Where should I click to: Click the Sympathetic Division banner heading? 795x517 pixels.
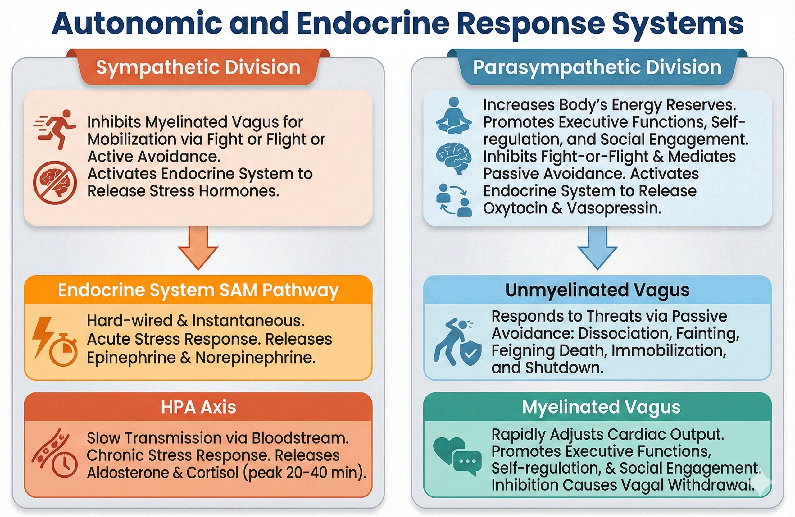click(x=198, y=67)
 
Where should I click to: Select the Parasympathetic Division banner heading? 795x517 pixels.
click(x=597, y=67)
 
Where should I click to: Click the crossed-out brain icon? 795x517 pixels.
click(x=55, y=182)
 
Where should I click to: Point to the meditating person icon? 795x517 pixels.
click(x=454, y=116)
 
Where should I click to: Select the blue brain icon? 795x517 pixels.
click(x=454, y=158)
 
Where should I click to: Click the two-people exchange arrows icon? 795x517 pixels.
click(x=454, y=200)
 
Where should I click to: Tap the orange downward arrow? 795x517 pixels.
click(x=198, y=247)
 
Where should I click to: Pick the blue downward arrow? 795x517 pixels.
click(x=597, y=247)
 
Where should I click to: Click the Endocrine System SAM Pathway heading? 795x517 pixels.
click(x=198, y=290)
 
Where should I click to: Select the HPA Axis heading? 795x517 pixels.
click(x=198, y=407)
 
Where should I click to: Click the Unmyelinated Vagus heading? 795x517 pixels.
click(x=597, y=290)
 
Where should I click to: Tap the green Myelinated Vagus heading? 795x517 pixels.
click(x=601, y=407)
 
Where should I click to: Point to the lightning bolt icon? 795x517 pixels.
click(x=43, y=336)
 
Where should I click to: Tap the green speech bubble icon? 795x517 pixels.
click(x=467, y=463)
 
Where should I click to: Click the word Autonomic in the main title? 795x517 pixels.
click(x=137, y=23)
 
